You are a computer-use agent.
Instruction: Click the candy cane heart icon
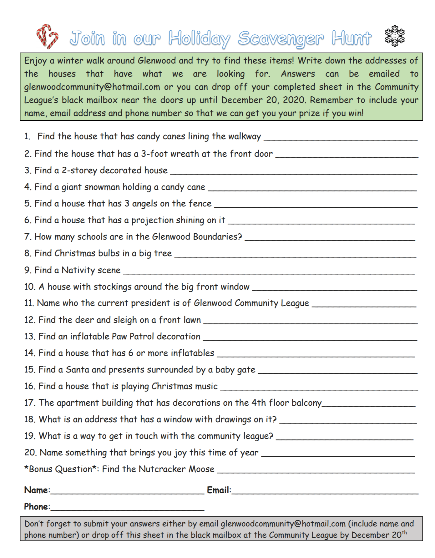tap(47, 36)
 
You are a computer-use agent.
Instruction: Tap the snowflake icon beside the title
tap(395, 36)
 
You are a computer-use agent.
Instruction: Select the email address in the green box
tap(92, 87)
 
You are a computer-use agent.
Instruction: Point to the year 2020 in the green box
tap(294, 100)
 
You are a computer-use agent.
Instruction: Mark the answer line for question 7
tap(330, 238)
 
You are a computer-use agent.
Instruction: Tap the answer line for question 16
tap(319, 388)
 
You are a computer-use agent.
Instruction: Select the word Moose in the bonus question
tap(201, 469)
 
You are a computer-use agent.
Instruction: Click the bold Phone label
tap(37, 507)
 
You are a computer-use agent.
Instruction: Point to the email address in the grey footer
tap(283, 524)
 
